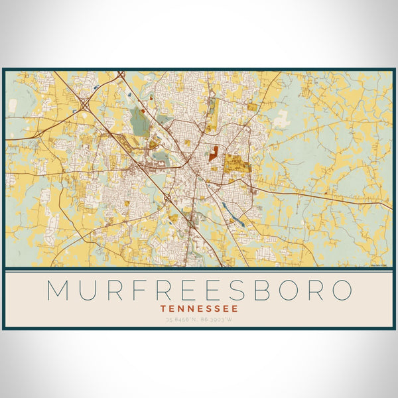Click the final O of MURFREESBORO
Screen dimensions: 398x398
341,290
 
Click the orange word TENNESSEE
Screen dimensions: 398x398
199,308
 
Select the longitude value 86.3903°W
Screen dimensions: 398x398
220,320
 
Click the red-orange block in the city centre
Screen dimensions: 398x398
214,154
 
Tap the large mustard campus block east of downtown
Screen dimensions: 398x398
233,163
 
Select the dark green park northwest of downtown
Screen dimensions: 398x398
141,121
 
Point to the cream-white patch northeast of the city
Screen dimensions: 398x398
282,119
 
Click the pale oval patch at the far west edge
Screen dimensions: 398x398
13,105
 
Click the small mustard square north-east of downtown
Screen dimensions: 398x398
252,107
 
